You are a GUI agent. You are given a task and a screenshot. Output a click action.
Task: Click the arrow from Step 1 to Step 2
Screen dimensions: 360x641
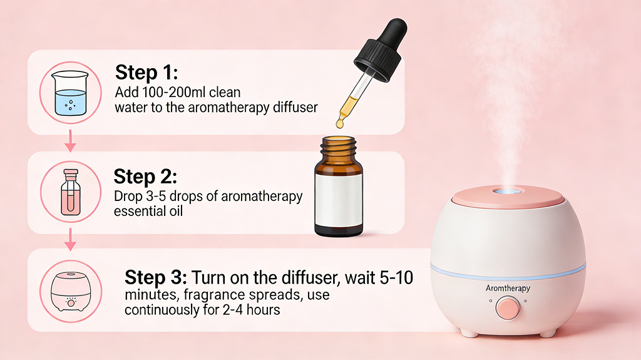coord(70,143)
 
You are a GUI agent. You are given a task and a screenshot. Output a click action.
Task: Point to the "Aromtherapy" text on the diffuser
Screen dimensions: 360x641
coord(508,289)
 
